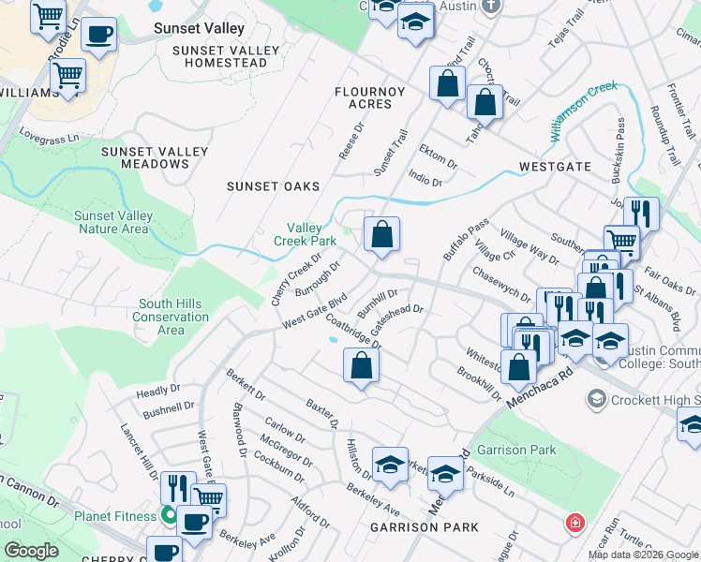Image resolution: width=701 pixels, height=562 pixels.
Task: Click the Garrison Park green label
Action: tap(516, 450)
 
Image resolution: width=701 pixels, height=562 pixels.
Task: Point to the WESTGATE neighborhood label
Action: tap(555, 167)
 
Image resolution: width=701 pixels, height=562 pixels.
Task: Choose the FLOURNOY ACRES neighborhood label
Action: tap(369, 97)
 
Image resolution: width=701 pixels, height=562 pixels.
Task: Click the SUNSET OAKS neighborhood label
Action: tap(274, 186)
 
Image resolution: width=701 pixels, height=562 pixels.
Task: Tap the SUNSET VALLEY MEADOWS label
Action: tap(145, 157)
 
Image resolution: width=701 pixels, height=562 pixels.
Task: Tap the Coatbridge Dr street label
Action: tap(354, 330)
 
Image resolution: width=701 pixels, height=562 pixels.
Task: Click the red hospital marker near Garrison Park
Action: tap(572, 522)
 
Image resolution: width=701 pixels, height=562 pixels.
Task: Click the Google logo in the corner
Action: tap(32, 551)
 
